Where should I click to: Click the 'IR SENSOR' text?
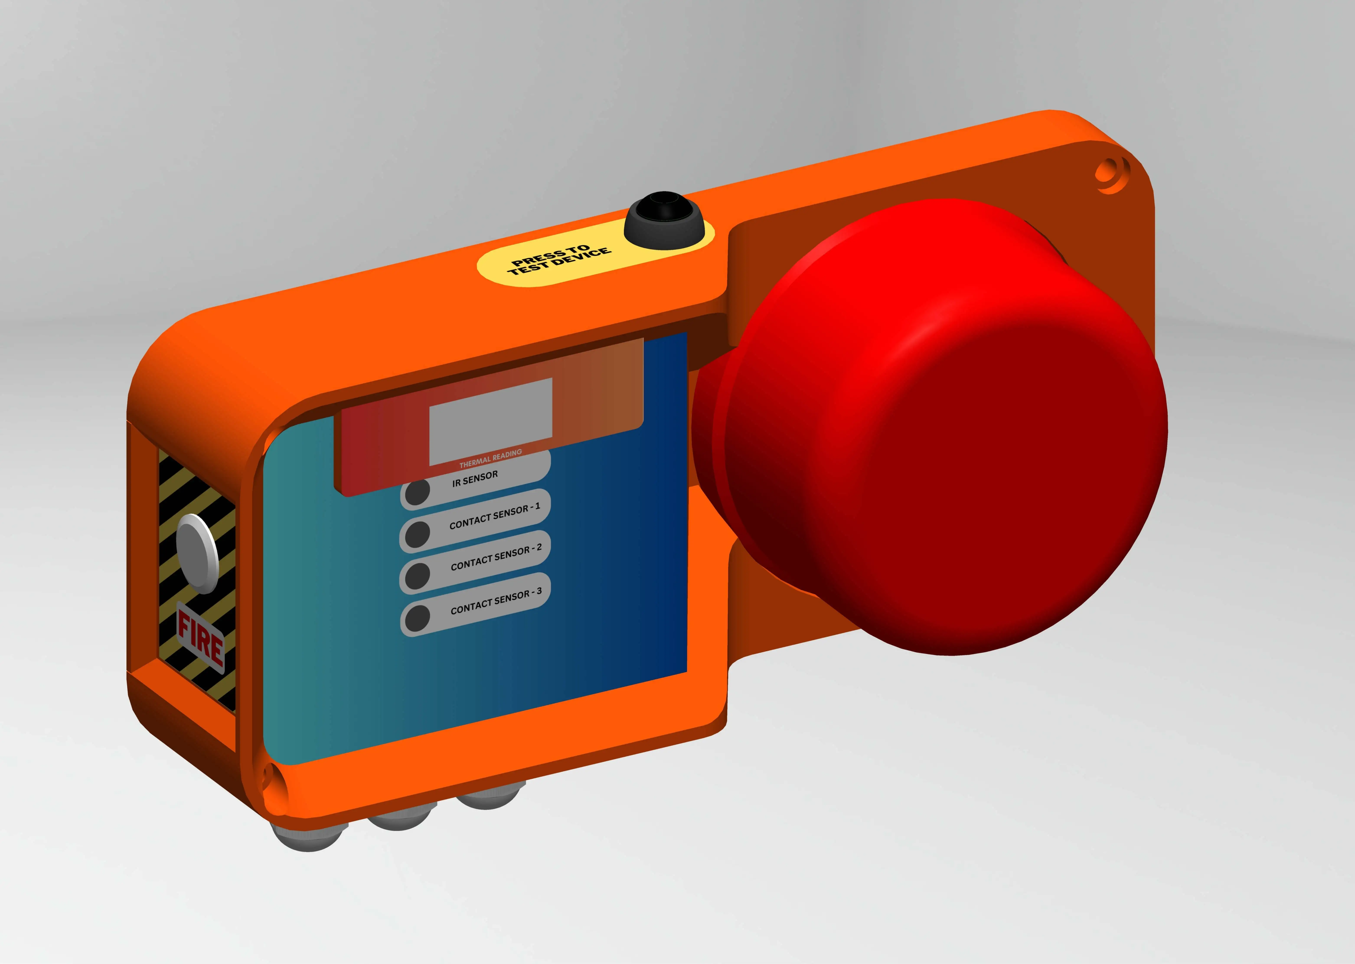tap(475, 479)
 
